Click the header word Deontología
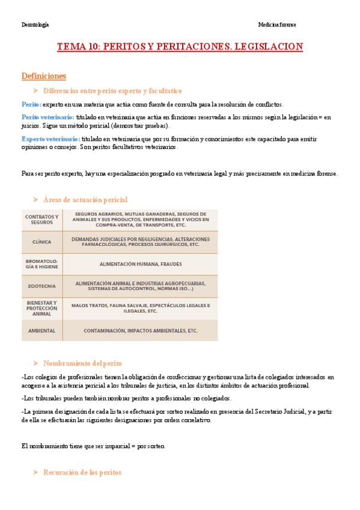pyautogui.click(x=35, y=25)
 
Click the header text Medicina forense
pyautogui.click(x=276, y=25)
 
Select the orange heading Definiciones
pyautogui.click(x=43, y=76)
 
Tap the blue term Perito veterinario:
pyautogui.click(x=47, y=117)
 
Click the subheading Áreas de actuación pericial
pyautogui.click(x=85, y=200)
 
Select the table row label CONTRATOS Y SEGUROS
pyautogui.click(x=42, y=220)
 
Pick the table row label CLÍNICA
pyautogui.click(x=42, y=242)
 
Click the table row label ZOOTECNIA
pyautogui.click(x=42, y=286)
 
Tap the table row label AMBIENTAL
pyautogui.click(x=42, y=331)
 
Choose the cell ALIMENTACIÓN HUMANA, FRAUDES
pyautogui.click(x=141, y=264)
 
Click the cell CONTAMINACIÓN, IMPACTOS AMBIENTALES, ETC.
pyautogui.click(x=141, y=331)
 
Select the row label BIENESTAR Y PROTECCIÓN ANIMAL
pyautogui.click(x=42, y=309)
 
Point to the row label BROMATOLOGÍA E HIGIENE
pyautogui.click(x=42, y=264)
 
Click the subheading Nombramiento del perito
pyautogui.click(x=82, y=363)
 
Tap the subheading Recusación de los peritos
pyautogui.click(x=82, y=473)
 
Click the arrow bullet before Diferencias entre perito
pyautogui.click(x=35, y=91)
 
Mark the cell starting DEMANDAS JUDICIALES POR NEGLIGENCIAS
pyautogui.click(x=141, y=242)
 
